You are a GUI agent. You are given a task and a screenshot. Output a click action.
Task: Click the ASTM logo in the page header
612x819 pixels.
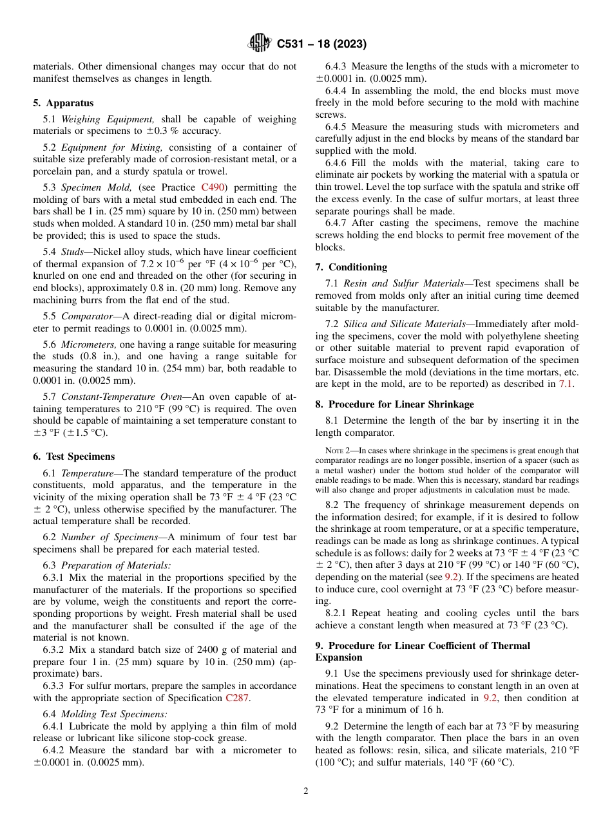[260, 44]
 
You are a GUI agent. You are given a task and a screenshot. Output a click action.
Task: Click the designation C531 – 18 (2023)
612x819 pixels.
[321, 44]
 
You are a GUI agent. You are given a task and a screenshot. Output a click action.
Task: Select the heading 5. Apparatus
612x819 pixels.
[63, 103]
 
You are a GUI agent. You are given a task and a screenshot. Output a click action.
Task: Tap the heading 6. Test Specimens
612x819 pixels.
[73, 457]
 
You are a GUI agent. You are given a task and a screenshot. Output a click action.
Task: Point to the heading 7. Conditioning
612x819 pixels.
[351, 267]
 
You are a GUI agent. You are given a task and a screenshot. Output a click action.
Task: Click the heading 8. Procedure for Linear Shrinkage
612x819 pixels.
[394, 404]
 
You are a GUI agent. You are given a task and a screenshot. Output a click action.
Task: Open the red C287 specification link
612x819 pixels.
[237, 698]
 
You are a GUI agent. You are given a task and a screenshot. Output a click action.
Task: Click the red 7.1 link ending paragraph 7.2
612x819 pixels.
[565, 384]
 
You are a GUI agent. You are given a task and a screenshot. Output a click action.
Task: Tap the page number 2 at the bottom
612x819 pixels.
[306, 791]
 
